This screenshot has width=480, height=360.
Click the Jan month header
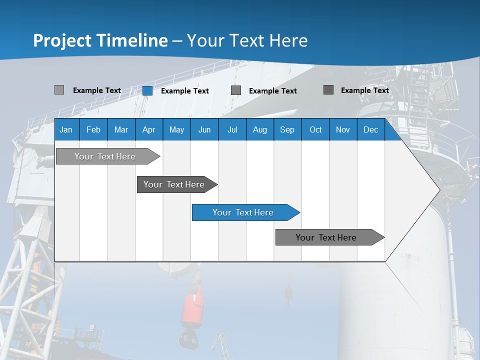(66, 130)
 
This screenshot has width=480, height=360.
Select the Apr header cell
(148, 130)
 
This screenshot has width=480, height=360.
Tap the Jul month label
(232, 130)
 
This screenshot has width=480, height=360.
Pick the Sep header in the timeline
(287, 130)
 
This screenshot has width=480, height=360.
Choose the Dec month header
(370, 130)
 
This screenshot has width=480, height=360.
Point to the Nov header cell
(342, 130)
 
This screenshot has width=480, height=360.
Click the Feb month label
(93, 130)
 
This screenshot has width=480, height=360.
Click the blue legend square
(147, 90)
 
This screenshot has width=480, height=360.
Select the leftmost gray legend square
(59, 90)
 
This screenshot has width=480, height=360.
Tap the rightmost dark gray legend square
(328, 90)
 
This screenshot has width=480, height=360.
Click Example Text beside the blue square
(184, 91)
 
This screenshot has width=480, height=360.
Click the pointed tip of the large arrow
(438, 189)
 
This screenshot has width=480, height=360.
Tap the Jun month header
(204, 130)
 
